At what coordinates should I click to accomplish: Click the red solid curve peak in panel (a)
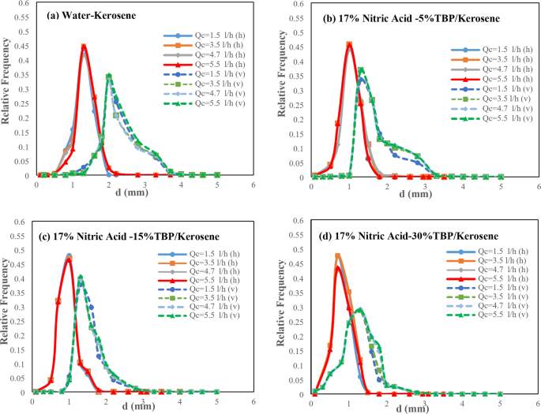pos(84,45)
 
